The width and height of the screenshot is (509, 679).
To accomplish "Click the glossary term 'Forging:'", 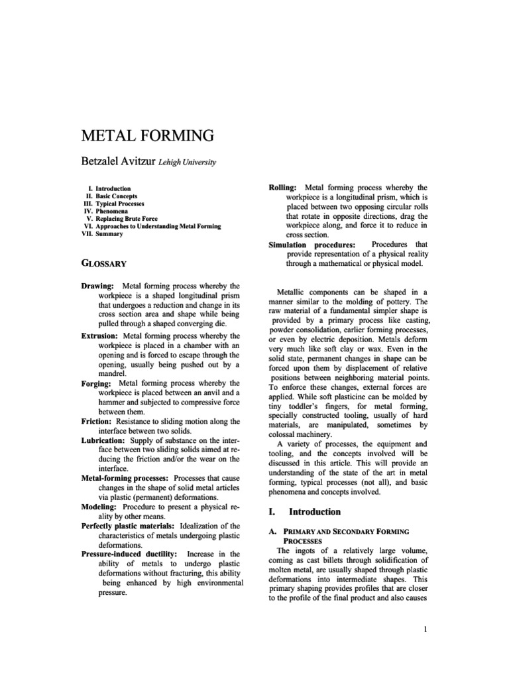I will (x=96, y=383).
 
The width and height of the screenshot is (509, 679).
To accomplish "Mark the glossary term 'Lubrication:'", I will (x=103, y=440).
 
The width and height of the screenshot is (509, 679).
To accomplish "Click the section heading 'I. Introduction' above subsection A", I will (x=305, y=512).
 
